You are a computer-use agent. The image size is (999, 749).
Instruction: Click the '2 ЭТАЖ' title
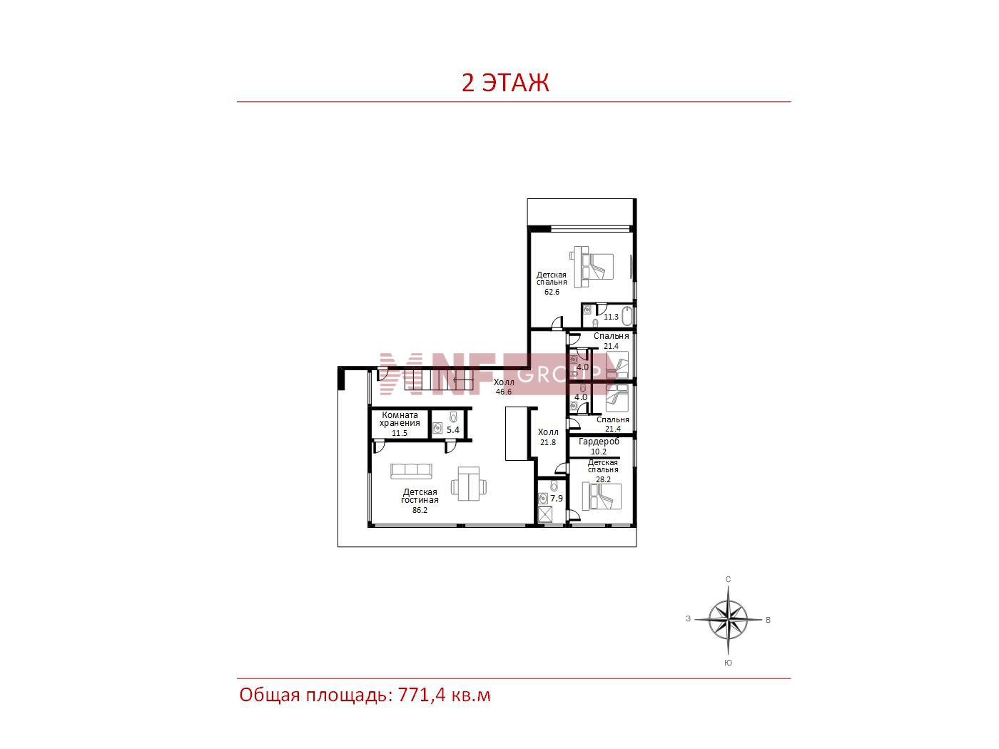point(504,83)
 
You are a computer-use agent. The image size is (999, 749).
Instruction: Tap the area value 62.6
point(552,292)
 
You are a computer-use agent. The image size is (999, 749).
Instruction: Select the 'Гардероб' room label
point(599,442)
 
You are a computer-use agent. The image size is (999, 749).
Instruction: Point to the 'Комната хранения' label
point(400,419)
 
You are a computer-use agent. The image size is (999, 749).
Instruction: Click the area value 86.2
point(420,510)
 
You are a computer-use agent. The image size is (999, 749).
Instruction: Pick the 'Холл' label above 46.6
point(504,382)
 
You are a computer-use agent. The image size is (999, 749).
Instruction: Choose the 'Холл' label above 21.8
point(548,432)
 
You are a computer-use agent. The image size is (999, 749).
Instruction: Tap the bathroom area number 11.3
point(611,317)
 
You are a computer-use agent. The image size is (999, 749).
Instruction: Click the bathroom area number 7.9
point(556,499)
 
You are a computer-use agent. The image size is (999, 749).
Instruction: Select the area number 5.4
point(453,429)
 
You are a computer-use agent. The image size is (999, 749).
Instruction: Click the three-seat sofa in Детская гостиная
point(411,471)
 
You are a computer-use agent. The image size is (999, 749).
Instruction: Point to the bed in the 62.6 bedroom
point(593,267)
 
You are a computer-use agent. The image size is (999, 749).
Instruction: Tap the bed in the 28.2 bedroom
point(602,496)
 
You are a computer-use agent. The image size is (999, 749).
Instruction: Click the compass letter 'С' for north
point(729,579)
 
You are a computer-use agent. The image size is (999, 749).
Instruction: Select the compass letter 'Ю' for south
point(729,663)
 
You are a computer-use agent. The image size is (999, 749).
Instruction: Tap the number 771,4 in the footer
point(422,695)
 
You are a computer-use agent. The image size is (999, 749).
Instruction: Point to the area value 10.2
point(599,452)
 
